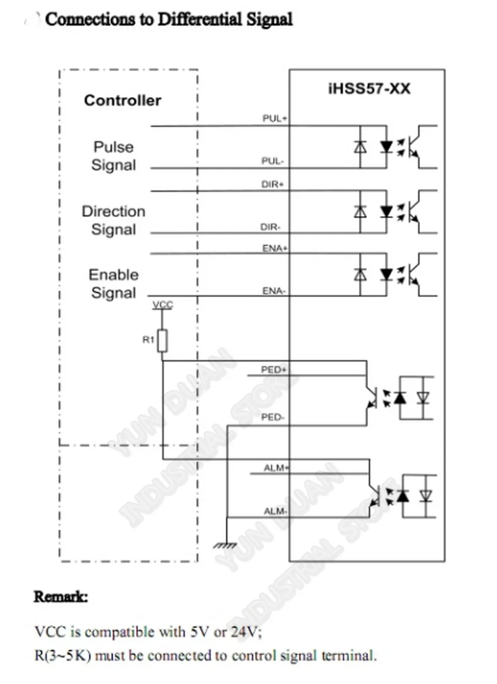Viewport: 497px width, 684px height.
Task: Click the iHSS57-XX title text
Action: point(369,89)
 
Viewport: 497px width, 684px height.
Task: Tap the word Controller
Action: point(122,100)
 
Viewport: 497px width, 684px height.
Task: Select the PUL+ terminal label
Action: point(275,119)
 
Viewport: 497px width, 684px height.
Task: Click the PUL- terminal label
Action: point(273,160)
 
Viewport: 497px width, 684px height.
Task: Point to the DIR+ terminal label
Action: point(272,184)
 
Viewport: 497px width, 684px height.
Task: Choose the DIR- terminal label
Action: point(270,227)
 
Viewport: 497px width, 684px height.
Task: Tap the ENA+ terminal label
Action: point(275,248)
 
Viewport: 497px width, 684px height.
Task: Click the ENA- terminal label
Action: point(274,291)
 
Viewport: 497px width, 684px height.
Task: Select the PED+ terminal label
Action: point(274,370)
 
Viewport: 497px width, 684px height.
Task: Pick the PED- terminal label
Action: point(273,417)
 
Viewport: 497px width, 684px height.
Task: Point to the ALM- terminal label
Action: point(275,511)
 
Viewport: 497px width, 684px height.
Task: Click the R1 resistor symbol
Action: point(162,340)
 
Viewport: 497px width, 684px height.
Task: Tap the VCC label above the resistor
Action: point(163,305)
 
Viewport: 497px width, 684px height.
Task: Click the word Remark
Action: point(61,597)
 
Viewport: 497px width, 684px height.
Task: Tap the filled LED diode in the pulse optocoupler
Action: point(386,147)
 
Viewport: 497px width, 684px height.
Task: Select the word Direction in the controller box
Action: point(113,211)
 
